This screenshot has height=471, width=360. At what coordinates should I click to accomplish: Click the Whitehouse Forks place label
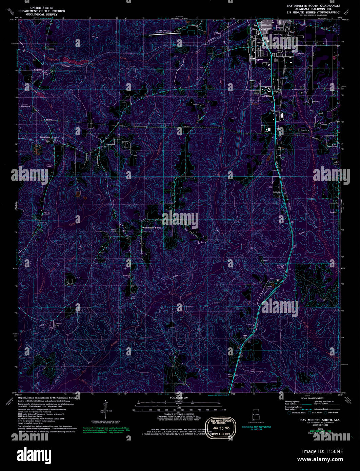click(x=152, y=228)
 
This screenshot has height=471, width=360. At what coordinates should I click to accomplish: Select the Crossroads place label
click(x=45, y=137)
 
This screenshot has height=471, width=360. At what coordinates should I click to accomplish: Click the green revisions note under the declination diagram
click(x=106, y=430)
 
